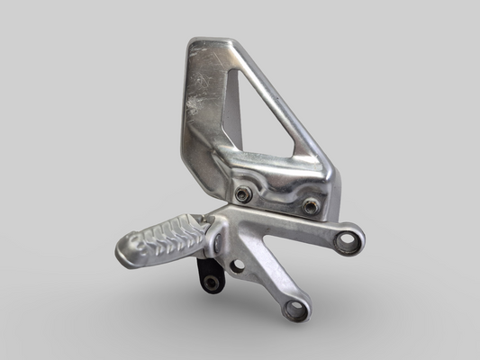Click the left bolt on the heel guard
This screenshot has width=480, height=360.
241,193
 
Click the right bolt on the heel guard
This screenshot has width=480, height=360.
311,206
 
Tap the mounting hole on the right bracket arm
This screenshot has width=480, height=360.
348,239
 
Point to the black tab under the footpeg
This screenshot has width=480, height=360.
209,274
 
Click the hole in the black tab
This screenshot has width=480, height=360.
212,283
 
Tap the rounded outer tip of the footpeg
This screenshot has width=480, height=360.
125,251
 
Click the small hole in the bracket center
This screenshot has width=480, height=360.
237,265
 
